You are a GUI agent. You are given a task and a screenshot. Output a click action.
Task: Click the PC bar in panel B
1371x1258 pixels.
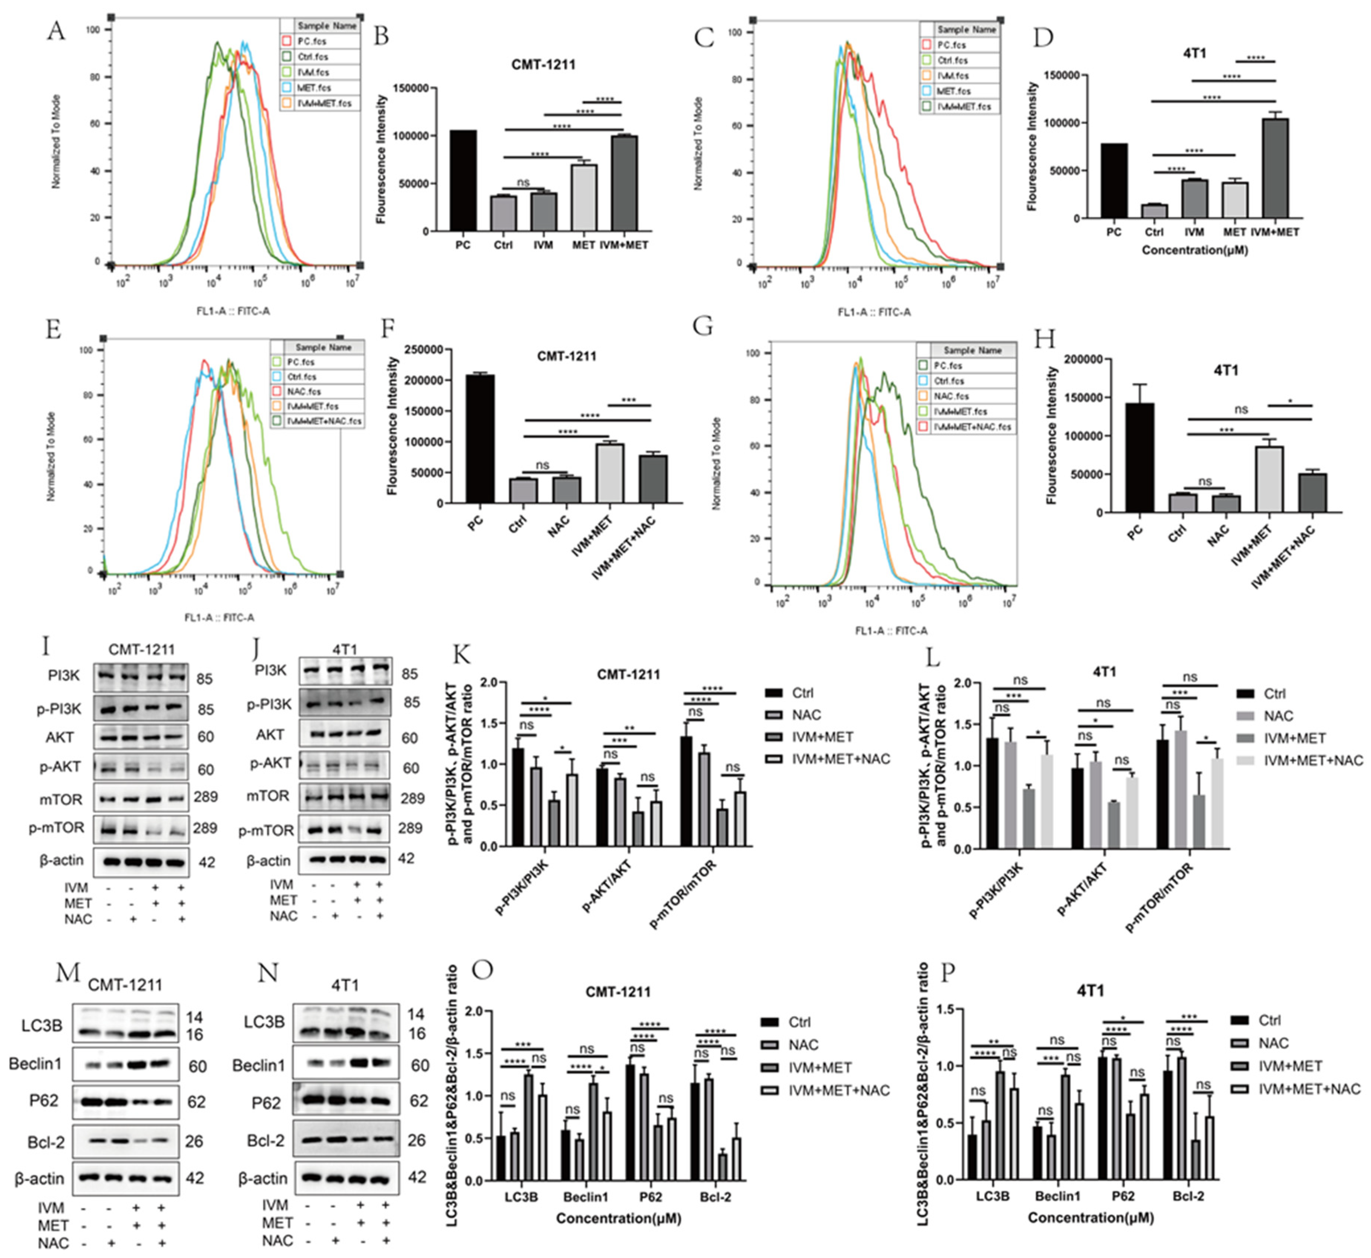tap(463, 180)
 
